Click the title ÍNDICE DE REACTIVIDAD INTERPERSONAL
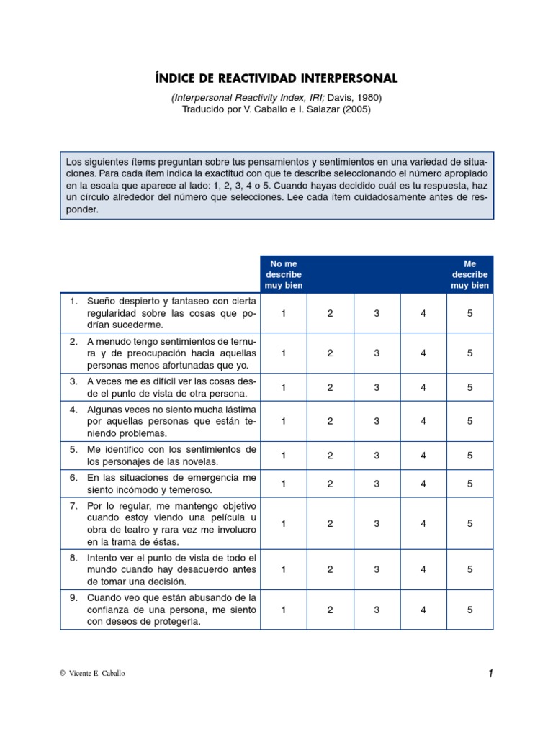276,78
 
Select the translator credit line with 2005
276,109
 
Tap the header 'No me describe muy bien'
284,274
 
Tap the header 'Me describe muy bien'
469,274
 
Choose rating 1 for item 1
284,313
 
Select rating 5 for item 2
469,353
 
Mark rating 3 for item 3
377,387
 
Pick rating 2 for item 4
330,422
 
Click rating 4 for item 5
423,456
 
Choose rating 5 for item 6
469,484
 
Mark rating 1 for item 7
284,524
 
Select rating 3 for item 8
377,569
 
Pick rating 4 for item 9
423,610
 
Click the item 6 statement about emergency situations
171,484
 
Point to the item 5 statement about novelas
171,456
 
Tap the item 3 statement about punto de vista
171,387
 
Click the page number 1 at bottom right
490,674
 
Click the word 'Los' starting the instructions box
73,162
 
